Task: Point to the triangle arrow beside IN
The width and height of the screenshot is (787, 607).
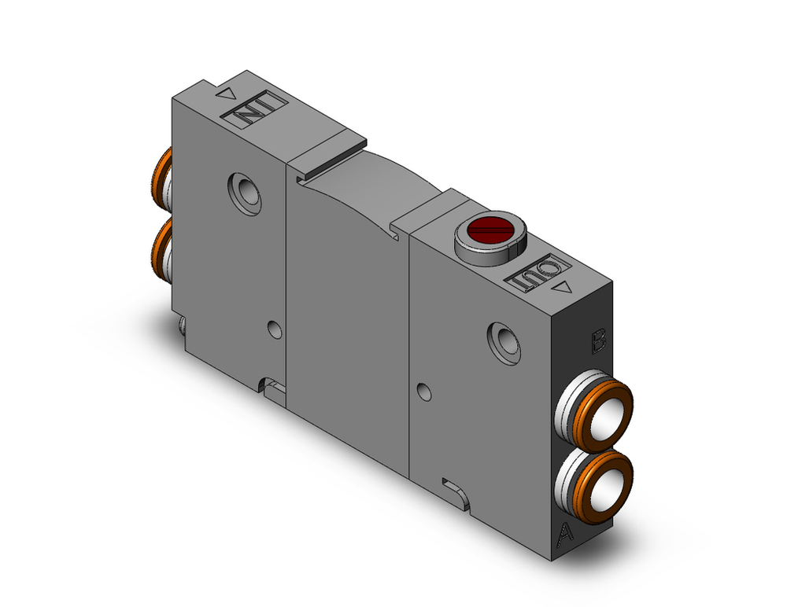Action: pos(226,95)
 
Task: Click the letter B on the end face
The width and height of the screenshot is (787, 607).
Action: pos(598,340)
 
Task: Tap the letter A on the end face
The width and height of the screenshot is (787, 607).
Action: pos(563,535)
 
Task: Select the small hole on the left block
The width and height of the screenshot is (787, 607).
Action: pos(274,329)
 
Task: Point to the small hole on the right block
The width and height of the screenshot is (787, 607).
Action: pos(423,389)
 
